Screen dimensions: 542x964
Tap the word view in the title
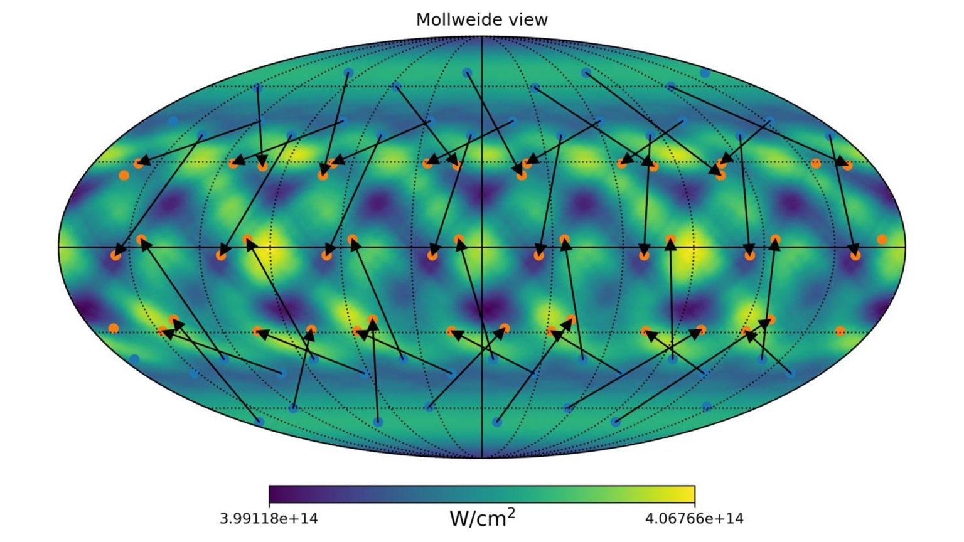point(528,19)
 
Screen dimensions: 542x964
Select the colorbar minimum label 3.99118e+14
point(269,519)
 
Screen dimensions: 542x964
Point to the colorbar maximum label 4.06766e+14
point(694,519)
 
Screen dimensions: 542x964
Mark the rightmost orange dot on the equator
point(882,239)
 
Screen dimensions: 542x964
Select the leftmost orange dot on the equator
point(115,255)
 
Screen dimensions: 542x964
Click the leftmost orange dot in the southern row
point(113,328)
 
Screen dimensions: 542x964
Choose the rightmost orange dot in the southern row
point(840,331)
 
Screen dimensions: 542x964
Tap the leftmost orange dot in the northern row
point(124,175)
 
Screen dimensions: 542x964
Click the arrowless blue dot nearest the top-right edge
point(705,73)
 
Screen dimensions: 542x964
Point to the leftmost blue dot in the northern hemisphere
point(173,120)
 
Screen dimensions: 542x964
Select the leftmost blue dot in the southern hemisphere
point(134,359)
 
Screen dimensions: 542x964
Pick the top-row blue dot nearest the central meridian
point(467,73)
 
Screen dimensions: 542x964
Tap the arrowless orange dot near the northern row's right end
point(815,163)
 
